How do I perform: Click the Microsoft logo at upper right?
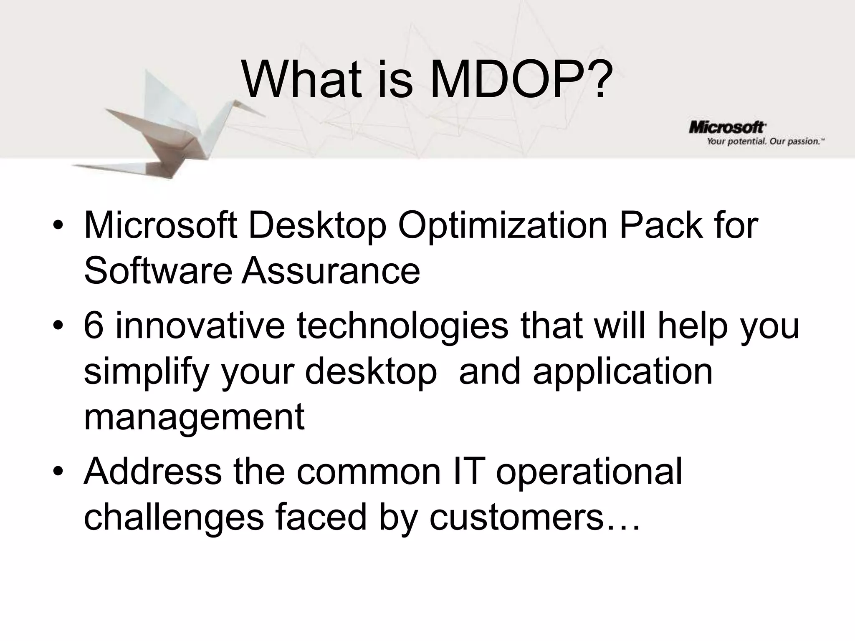coord(727,127)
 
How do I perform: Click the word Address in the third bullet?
coord(153,471)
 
